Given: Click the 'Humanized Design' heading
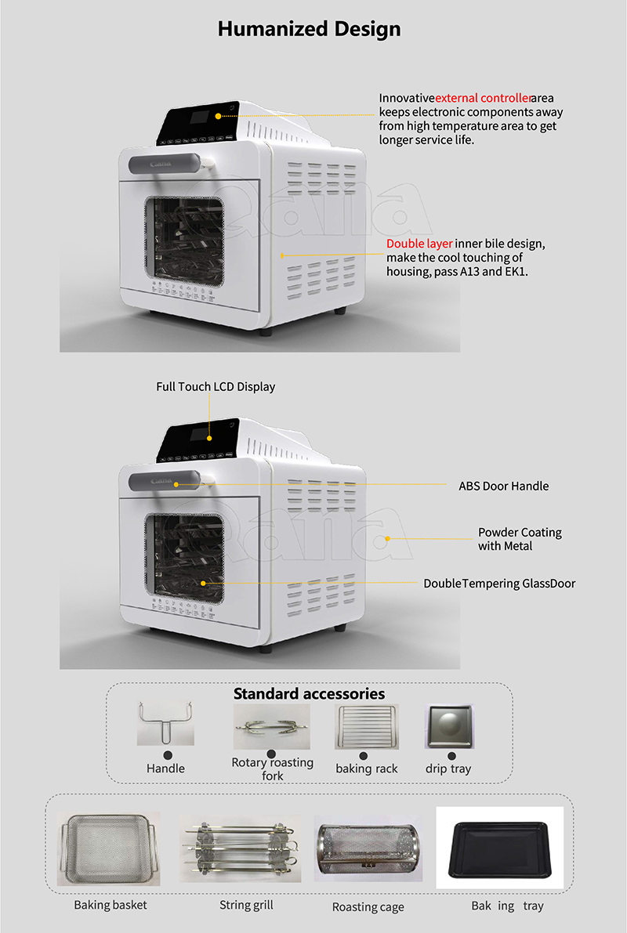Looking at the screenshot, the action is [x=309, y=28].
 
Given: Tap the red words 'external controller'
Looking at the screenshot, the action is [x=483, y=98].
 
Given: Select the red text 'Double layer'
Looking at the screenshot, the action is [x=419, y=244].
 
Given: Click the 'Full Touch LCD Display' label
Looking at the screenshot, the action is [x=216, y=387].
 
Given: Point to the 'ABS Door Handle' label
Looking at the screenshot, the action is [x=504, y=486].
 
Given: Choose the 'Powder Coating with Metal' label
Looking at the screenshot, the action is [x=520, y=539].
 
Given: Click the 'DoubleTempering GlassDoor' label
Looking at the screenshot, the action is [x=499, y=584].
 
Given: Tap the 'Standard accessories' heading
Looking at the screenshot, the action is [x=309, y=694].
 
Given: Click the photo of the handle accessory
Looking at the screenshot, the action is [x=165, y=724].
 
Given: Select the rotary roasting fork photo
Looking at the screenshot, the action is [x=271, y=726].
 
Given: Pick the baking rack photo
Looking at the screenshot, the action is [x=367, y=726].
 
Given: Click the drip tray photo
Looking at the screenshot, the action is [x=449, y=726].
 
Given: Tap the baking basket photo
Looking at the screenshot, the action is [x=109, y=848].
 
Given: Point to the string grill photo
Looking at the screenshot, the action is [x=241, y=848].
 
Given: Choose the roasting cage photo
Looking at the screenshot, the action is [x=368, y=848].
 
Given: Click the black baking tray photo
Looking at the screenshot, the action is [x=500, y=848].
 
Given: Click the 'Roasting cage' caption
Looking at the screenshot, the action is [x=368, y=907].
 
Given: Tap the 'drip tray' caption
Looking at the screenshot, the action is [x=448, y=768].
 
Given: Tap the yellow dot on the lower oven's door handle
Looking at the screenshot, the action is [x=176, y=484].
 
